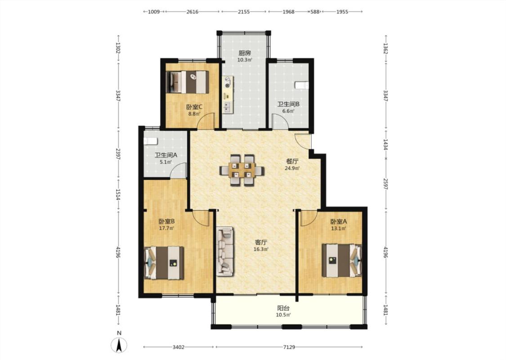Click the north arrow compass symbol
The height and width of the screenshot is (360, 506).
(119, 345)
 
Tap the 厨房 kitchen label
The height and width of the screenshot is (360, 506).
(245, 53)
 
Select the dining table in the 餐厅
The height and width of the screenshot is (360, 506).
(242, 170)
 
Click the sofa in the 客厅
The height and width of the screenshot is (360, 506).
(225, 252)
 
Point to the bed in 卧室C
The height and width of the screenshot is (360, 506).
(188, 82)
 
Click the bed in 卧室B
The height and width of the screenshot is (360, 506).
(164, 263)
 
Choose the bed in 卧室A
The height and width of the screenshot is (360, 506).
(342, 260)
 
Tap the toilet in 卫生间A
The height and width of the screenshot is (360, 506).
(150, 141)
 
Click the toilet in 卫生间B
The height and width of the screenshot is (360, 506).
(302, 85)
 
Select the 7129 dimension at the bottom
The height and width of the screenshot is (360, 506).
(289, 347)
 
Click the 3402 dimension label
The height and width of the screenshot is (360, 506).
(178, 347)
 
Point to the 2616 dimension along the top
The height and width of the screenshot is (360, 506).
(193, 12)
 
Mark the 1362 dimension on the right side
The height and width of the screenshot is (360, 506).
(385, 49)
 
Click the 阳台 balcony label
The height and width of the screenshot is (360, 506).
(284, 308)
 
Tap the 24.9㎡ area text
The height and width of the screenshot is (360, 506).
(292, 168)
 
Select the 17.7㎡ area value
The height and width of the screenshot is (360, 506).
(166, 228)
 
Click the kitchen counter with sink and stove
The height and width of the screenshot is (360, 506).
(227, 94)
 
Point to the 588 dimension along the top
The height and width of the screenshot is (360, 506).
(315, 12)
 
